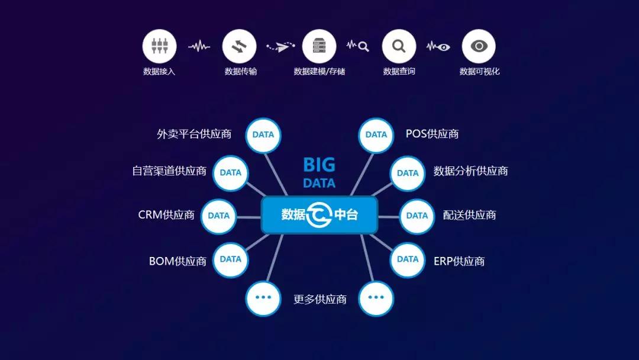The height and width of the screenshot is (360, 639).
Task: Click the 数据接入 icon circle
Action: point(159,46)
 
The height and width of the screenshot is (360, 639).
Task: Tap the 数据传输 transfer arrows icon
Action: point(239,46)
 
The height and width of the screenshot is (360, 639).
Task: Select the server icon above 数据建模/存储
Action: point(319,46)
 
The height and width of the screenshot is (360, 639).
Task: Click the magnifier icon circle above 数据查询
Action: point(399,46)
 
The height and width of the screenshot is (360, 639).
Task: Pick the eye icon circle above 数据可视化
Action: point(479,46)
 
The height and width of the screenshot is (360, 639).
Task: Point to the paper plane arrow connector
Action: point(280,46)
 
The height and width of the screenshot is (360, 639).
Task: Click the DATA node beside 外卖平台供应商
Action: point(263,135)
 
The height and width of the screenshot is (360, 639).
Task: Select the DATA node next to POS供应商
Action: point(376,135)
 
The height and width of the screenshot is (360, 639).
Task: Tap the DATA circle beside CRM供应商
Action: point(219,216)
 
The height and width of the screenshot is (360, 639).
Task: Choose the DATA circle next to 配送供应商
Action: point(417,216)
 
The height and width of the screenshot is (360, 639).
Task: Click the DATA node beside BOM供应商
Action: point(231,259)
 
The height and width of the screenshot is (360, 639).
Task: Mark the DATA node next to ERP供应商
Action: point(408,259)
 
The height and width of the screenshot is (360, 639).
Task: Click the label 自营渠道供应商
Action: point(169,171)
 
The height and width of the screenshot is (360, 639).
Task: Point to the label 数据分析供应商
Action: point(471,171)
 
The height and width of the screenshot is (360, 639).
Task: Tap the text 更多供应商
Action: point(320,299)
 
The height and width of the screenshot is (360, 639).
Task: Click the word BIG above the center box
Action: point(319,165)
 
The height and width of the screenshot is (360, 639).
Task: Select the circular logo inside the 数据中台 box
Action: point(319,214)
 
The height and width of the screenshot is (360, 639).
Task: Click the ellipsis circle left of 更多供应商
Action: point(263,298)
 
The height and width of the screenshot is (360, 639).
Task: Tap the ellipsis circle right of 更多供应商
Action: point(376,298)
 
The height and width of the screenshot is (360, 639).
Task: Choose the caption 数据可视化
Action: point(479,71)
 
